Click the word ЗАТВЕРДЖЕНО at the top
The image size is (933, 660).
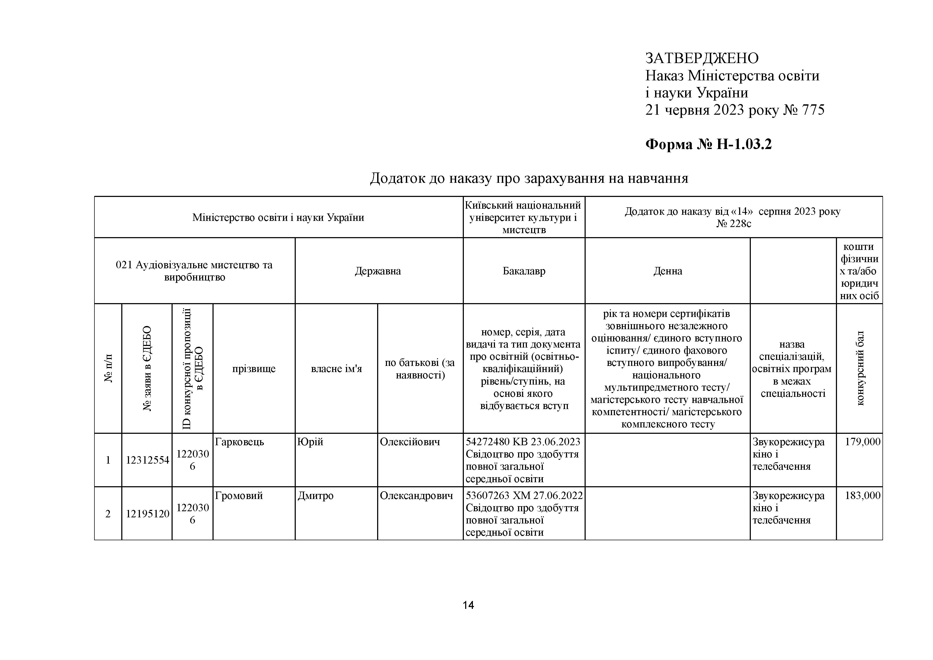click(702, 59)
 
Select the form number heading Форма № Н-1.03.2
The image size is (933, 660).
click(708, 144)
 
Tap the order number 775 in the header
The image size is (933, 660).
click(813, 110)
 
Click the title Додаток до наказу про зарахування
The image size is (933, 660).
click(529, 178)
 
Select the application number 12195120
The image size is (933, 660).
click(147, 514)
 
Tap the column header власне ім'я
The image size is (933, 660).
click(336, 369)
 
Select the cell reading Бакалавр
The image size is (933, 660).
click(524, 271)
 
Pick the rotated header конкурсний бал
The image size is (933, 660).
click(860, 368)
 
